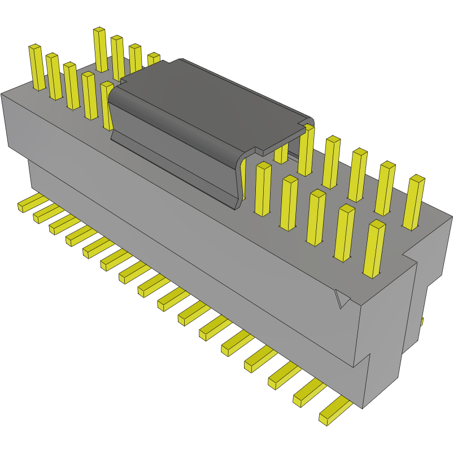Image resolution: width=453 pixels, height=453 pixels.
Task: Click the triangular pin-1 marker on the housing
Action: pos(342,299)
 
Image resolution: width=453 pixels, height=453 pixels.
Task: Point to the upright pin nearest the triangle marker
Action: pos(373,249)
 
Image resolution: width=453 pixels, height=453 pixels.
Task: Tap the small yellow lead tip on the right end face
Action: pos(422,321)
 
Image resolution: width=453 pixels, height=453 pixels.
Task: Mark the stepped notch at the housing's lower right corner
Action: pos(367,361)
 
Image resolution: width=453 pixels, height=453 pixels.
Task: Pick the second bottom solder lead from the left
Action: pos(48,213)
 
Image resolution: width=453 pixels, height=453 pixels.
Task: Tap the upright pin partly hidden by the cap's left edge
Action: pos(107,105)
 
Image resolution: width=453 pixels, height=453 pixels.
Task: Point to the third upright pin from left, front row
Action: pos(71,85)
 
